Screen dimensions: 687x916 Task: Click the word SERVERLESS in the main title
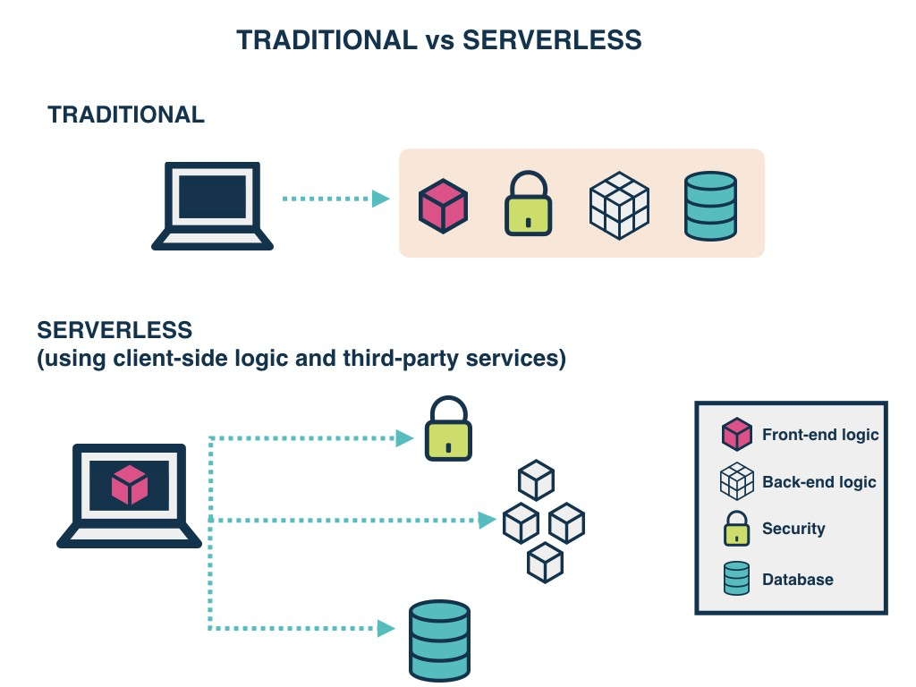point(552,39)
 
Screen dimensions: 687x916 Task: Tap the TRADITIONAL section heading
point(126,114)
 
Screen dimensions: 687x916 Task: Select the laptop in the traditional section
point(212,205)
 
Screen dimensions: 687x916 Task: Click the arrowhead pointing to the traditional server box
point(381,199)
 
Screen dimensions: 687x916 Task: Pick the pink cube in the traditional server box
point(444,206)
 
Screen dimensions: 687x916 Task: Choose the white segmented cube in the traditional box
point(619,205)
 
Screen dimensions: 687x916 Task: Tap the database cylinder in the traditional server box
point(710,206)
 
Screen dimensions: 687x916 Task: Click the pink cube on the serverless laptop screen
point(129,485)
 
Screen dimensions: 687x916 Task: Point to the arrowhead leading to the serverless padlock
point(405,438)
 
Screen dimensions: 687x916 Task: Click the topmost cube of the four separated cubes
point(537,479)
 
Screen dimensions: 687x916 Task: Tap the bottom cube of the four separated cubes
point(545,563)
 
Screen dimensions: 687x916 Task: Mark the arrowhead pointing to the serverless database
point(386,629)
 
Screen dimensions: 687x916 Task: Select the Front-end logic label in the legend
point(820,435)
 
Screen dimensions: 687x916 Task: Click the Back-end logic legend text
point(818,482)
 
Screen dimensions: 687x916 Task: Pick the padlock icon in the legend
point(736,529)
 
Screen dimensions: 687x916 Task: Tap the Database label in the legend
point(797,580)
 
